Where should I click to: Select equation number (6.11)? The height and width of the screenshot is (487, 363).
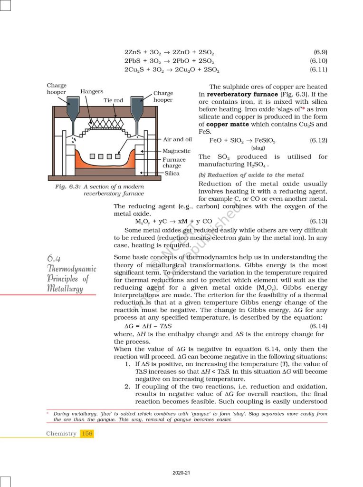(x=318, y=70)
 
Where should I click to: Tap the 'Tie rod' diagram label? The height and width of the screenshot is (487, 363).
(x=113, y=101)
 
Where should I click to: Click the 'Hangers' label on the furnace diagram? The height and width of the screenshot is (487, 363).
(x=92, y=91)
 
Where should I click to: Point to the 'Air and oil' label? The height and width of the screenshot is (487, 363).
(x=177, y=139)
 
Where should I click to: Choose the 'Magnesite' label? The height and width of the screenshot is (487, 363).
(x=176, y=151)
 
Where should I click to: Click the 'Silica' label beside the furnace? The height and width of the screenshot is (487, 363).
(x=172, y=174)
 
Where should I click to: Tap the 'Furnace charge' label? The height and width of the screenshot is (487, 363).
(x=174, y=163)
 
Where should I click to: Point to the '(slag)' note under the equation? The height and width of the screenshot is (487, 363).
(x=258, y=148)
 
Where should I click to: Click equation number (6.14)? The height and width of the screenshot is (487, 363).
(x=318, y=326)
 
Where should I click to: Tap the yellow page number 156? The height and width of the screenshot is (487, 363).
(x=87, y=433)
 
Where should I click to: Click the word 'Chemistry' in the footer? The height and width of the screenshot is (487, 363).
(x=61, y=433)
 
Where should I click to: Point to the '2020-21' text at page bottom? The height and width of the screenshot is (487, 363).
(x=181, y=473)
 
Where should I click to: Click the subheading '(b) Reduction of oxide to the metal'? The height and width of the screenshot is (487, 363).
(x=251, y=175)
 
